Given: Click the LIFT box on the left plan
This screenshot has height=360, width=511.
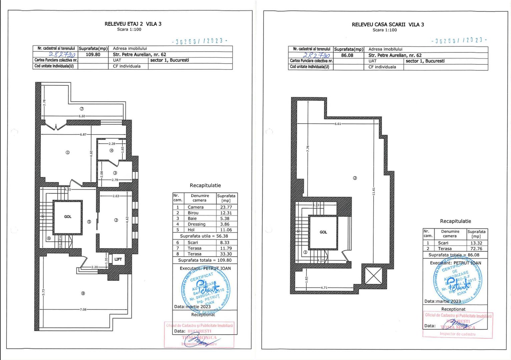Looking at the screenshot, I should tap(118, 259).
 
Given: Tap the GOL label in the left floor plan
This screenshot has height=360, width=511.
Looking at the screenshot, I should tap(68, 217).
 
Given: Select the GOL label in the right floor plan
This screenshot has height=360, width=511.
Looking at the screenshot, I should tap(323, 232).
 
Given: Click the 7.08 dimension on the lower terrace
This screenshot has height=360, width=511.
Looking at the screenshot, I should tap(83, 309).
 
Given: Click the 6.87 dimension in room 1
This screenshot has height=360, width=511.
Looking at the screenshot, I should tap(83, 134).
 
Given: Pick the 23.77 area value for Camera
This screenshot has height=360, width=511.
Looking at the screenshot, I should tap(226, 207).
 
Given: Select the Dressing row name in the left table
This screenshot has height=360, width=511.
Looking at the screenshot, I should tap(196, 224).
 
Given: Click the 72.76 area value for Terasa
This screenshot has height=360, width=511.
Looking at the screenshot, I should tap(476, 249).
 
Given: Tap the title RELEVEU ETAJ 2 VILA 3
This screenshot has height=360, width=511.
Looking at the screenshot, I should tap(133, 24).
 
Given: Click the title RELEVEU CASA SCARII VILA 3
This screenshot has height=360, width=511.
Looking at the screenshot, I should tap(388, 24).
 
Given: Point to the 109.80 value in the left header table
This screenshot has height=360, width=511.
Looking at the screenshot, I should tap(93, 54).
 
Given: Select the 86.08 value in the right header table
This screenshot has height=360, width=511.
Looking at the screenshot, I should tap(347, 55).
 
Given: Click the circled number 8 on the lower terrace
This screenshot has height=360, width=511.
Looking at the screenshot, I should tap(83, 293).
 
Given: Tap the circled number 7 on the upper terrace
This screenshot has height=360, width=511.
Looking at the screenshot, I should tap(82, 109).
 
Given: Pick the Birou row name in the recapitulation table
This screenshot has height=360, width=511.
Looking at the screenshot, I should tap(193, 213).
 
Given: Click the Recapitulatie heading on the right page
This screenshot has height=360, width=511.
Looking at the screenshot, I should tap(455, 221).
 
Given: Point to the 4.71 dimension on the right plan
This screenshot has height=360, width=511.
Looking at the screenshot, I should tap(324, 287).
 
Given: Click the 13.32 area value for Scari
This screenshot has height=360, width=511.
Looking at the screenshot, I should tap(476, 243).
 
